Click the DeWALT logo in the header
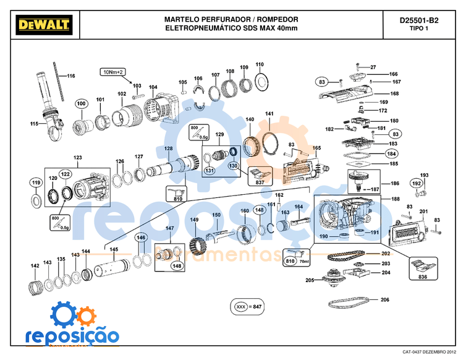point(42,24)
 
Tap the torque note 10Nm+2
point(112,72)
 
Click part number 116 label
point(70,76)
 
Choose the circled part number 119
point(36,183)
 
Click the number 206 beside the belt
point(385,300)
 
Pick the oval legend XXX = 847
point(247,307)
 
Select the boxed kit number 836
point(423,276)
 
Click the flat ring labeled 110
point(260,79)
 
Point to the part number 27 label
point(373,67)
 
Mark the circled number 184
point(391,153)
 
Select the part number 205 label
point(310,280)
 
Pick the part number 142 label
point(35,266)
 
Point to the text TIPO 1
point(418,29)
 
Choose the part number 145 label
point(114,249)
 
